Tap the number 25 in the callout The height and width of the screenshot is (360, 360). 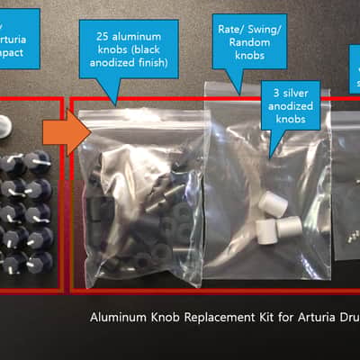point(103,36)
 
